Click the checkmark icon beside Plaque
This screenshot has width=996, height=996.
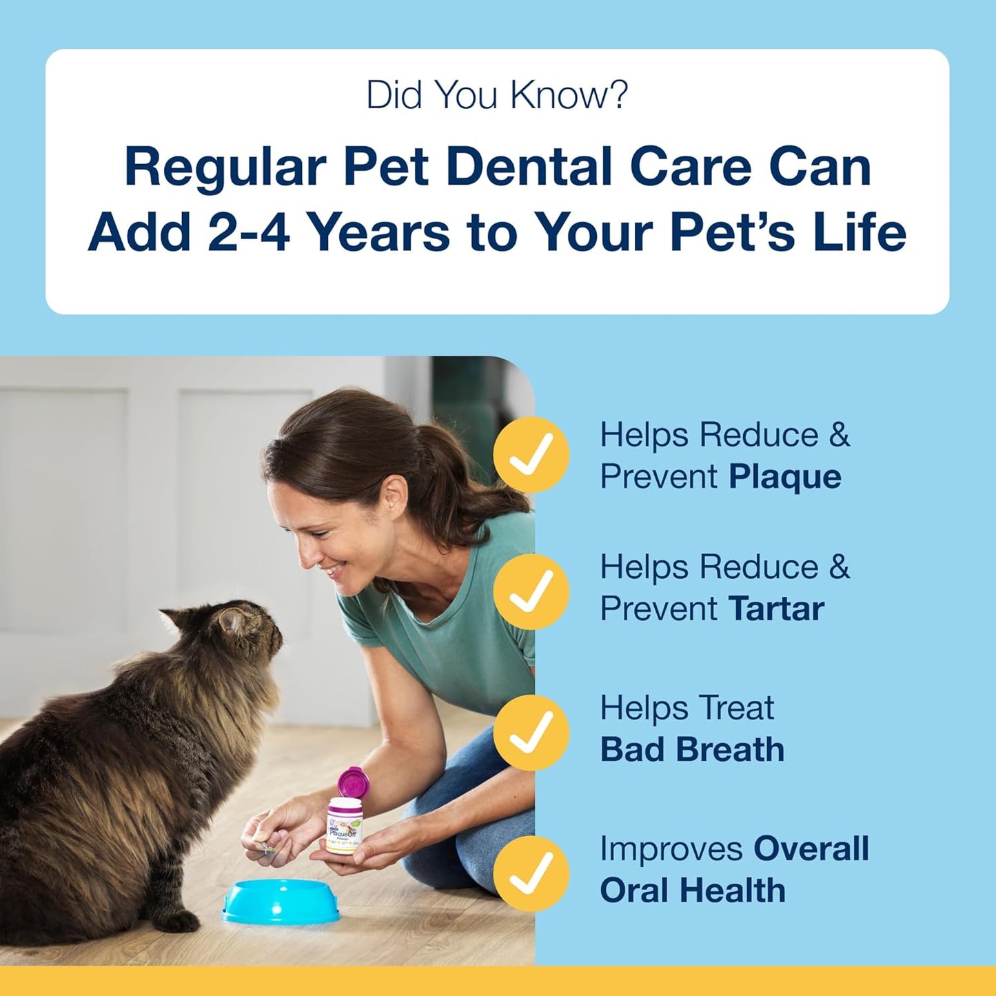click(x=531, y=454)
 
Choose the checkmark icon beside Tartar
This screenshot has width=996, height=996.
click(x=531, y=591)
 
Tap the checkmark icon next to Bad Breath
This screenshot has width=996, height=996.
click(x=531, y=731)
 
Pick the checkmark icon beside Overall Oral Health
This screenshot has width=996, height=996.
click(x=531, y=873)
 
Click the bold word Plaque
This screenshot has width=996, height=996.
click(x=785, y=477)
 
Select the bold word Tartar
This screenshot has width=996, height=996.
click(x=776, y=609)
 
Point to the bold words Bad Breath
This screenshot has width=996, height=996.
click(x=692, y=750)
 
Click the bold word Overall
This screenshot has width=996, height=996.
click(x=811, y=848)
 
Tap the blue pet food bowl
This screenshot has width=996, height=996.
click(x=281, y=900)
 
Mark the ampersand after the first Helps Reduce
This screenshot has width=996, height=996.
click(x=839, y=435)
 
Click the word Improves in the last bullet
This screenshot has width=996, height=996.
click(x=671, y=848)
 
